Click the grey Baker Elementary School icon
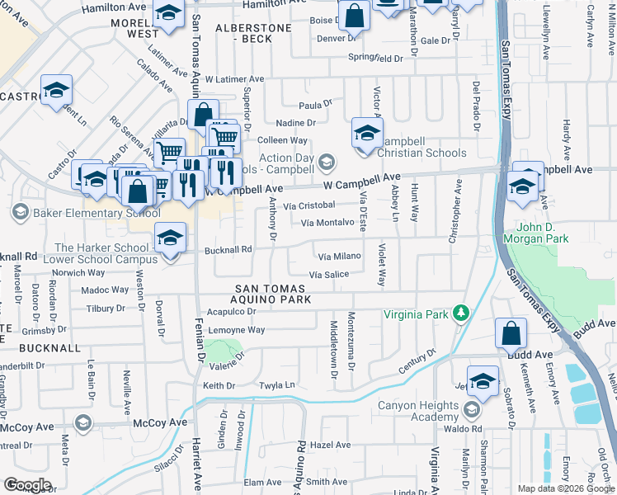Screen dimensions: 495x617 tap(20, 213)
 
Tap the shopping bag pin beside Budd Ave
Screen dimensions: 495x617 tap(511, 334)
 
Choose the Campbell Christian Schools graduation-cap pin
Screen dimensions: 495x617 tap(367, 132)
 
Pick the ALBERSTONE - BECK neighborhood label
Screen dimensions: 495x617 tap(253, 33)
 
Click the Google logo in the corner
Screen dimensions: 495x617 tap(27, 485)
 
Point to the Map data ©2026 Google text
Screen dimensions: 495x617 tap(566, 488)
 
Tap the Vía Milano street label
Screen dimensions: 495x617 tap(339, 256)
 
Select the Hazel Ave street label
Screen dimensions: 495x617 tap(332, 445)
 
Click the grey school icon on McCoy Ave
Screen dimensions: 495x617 tap(82, 423)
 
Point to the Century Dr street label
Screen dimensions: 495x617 tap(417, 361)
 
